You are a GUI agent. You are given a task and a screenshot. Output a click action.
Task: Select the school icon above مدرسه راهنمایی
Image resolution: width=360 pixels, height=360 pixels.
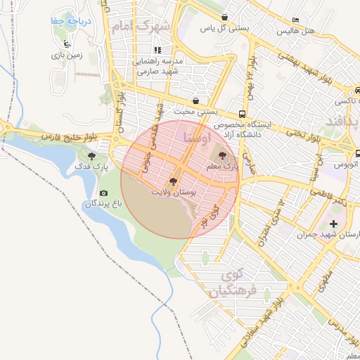tap(158, 51)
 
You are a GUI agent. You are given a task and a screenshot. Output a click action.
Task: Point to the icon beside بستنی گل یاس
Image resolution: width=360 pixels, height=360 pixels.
tap(224, 18)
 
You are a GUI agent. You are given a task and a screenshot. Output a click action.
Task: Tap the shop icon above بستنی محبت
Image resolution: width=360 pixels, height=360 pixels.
tap(195, 101)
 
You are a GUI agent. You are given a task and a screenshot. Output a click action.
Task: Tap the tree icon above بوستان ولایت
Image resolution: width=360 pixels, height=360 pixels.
tap(173, 181)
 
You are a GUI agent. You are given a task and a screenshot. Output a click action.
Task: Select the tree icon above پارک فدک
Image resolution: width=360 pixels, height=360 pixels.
tap(91, 157)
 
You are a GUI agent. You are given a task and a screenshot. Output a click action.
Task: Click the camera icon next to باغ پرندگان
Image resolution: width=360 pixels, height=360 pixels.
tap(104, 193)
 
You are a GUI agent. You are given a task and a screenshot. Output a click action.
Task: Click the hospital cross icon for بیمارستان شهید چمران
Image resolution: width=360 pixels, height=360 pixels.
tap(333, 224)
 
